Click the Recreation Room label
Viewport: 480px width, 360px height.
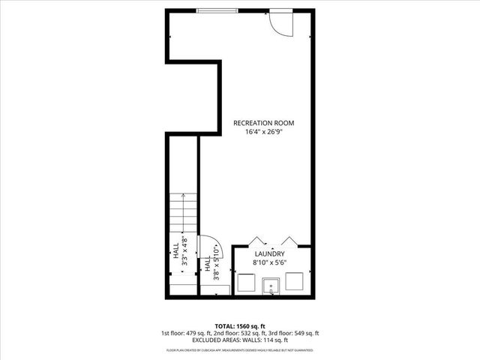click(262, 122)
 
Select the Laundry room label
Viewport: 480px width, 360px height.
click(269, 254)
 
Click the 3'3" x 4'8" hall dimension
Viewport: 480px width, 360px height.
click(182, 252)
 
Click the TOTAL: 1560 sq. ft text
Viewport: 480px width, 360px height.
click(240, 325)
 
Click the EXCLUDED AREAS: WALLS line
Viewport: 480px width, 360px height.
click(240, 340)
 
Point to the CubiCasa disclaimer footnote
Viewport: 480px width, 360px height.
click(240, 349)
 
